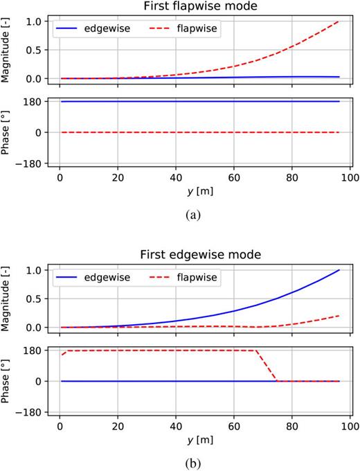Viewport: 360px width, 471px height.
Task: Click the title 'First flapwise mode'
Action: [x=200, y=6]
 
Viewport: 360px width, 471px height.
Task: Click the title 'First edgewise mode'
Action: [x=200, y=255]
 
